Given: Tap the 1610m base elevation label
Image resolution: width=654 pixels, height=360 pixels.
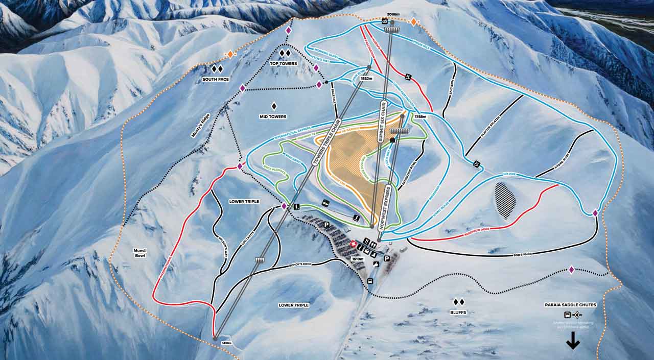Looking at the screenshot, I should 358,259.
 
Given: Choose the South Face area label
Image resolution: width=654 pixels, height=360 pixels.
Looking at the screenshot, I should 215,79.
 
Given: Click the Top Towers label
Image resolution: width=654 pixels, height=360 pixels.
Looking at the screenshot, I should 284,63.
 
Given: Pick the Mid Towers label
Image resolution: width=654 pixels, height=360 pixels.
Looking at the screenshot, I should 273,116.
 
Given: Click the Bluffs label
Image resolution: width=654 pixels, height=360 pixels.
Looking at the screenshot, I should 458,311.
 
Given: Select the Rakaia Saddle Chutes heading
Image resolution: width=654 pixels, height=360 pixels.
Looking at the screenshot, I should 570,305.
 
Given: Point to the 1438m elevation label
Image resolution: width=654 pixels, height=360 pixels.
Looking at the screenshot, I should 227,342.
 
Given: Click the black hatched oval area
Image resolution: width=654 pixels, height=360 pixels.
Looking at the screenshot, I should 505,200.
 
